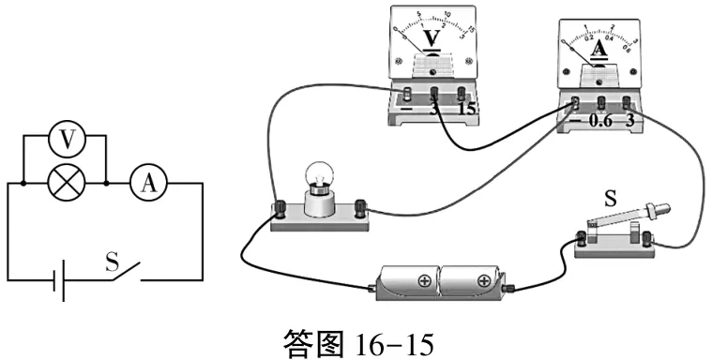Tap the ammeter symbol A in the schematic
pos(147,185)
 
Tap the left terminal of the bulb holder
pos(279,206)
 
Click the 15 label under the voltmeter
pos(467,110)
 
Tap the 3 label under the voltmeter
pos(435,110)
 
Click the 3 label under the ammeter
pos(630,121)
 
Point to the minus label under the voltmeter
pos(405,111)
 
